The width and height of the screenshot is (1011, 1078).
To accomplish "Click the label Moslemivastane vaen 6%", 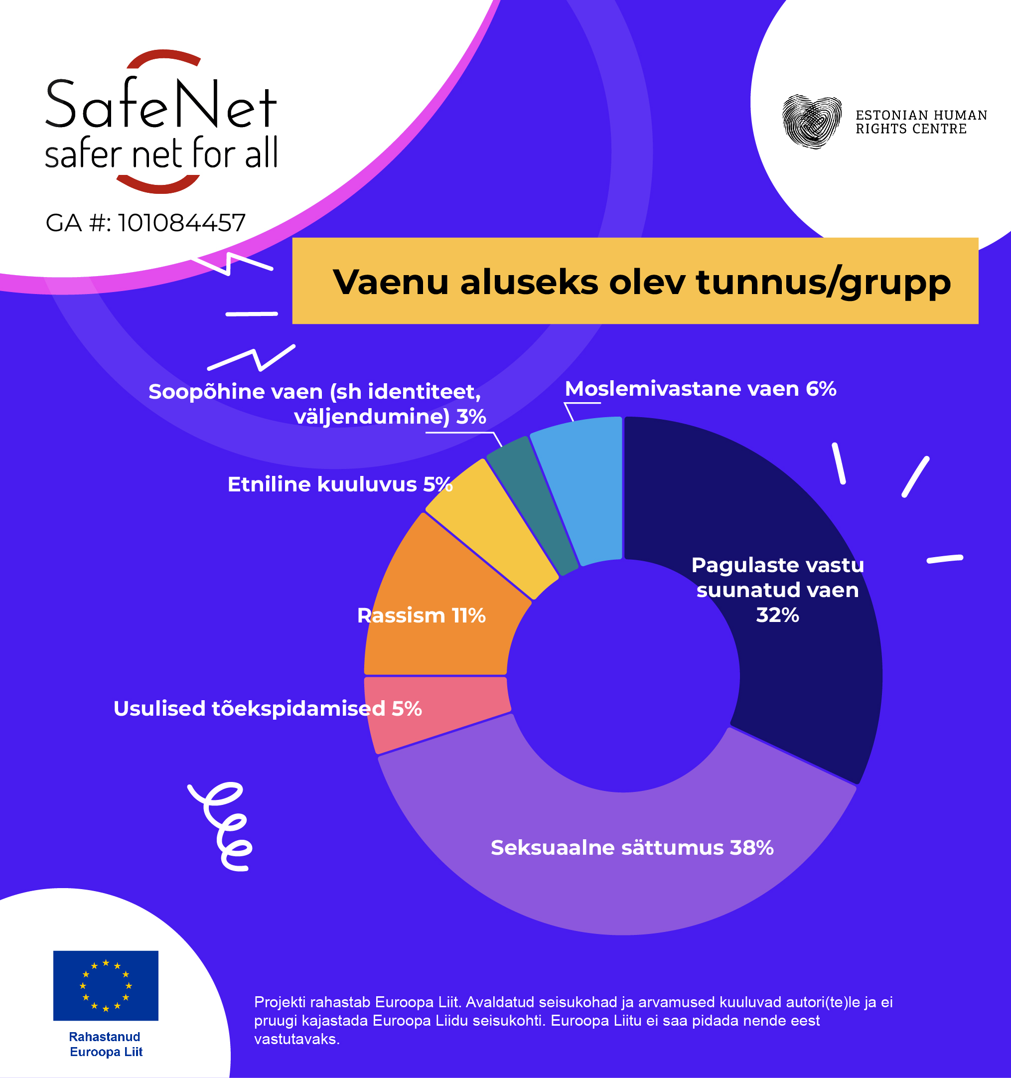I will [701, 389].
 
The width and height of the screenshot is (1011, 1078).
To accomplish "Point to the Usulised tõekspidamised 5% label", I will [267, 709].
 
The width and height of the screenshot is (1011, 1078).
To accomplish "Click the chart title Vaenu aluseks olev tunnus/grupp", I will [642, 282].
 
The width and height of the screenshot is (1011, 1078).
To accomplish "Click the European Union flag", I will [106, 985].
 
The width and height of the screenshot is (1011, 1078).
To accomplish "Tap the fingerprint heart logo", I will [812, 122].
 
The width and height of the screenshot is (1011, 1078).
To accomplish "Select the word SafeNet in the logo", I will [161, 104].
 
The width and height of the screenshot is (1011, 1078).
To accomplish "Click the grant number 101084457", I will [181, 223].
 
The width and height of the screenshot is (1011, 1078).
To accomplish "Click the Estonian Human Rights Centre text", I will [921, 122].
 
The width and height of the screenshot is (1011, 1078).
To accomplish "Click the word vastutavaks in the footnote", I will [297, 1040].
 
